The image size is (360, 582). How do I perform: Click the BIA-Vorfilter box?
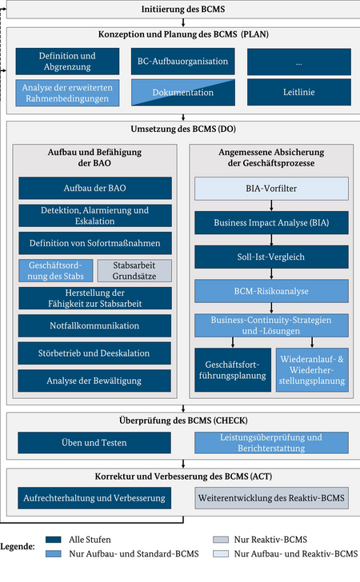tap(271, 189)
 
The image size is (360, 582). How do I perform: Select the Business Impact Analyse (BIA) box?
tap(271, 223)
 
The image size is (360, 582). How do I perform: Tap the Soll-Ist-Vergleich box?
tap(271, 257)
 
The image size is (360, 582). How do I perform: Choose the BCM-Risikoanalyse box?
tap(271, 291)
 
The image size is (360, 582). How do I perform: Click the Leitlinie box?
tap(299, 92)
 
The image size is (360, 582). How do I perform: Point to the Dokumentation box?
tap(182, 93)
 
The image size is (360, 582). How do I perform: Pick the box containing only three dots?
tap(299, 62)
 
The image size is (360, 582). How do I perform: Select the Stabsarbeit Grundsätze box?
tap(134, 270)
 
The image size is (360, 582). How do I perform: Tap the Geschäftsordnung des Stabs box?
tap(56, 270)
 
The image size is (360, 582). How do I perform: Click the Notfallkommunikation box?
tap(94, 326)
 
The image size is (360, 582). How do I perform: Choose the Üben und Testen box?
tap(94, 442)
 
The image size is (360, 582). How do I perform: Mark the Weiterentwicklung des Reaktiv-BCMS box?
tap(271, 498)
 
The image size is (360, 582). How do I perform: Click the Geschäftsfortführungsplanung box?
tap(233, 370)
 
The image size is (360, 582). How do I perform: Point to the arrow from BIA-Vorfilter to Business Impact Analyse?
tap(271, 205)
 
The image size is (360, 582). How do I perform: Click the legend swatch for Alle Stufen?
tap(53, 540)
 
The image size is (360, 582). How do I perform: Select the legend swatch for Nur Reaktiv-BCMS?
tap(221, 540)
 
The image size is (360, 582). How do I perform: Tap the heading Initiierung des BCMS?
tap(183, 10)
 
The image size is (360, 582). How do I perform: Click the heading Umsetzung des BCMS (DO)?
tap(183, 130)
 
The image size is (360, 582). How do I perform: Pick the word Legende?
tap(18, 546)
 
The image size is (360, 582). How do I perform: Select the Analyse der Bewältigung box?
tap(94, 381)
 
